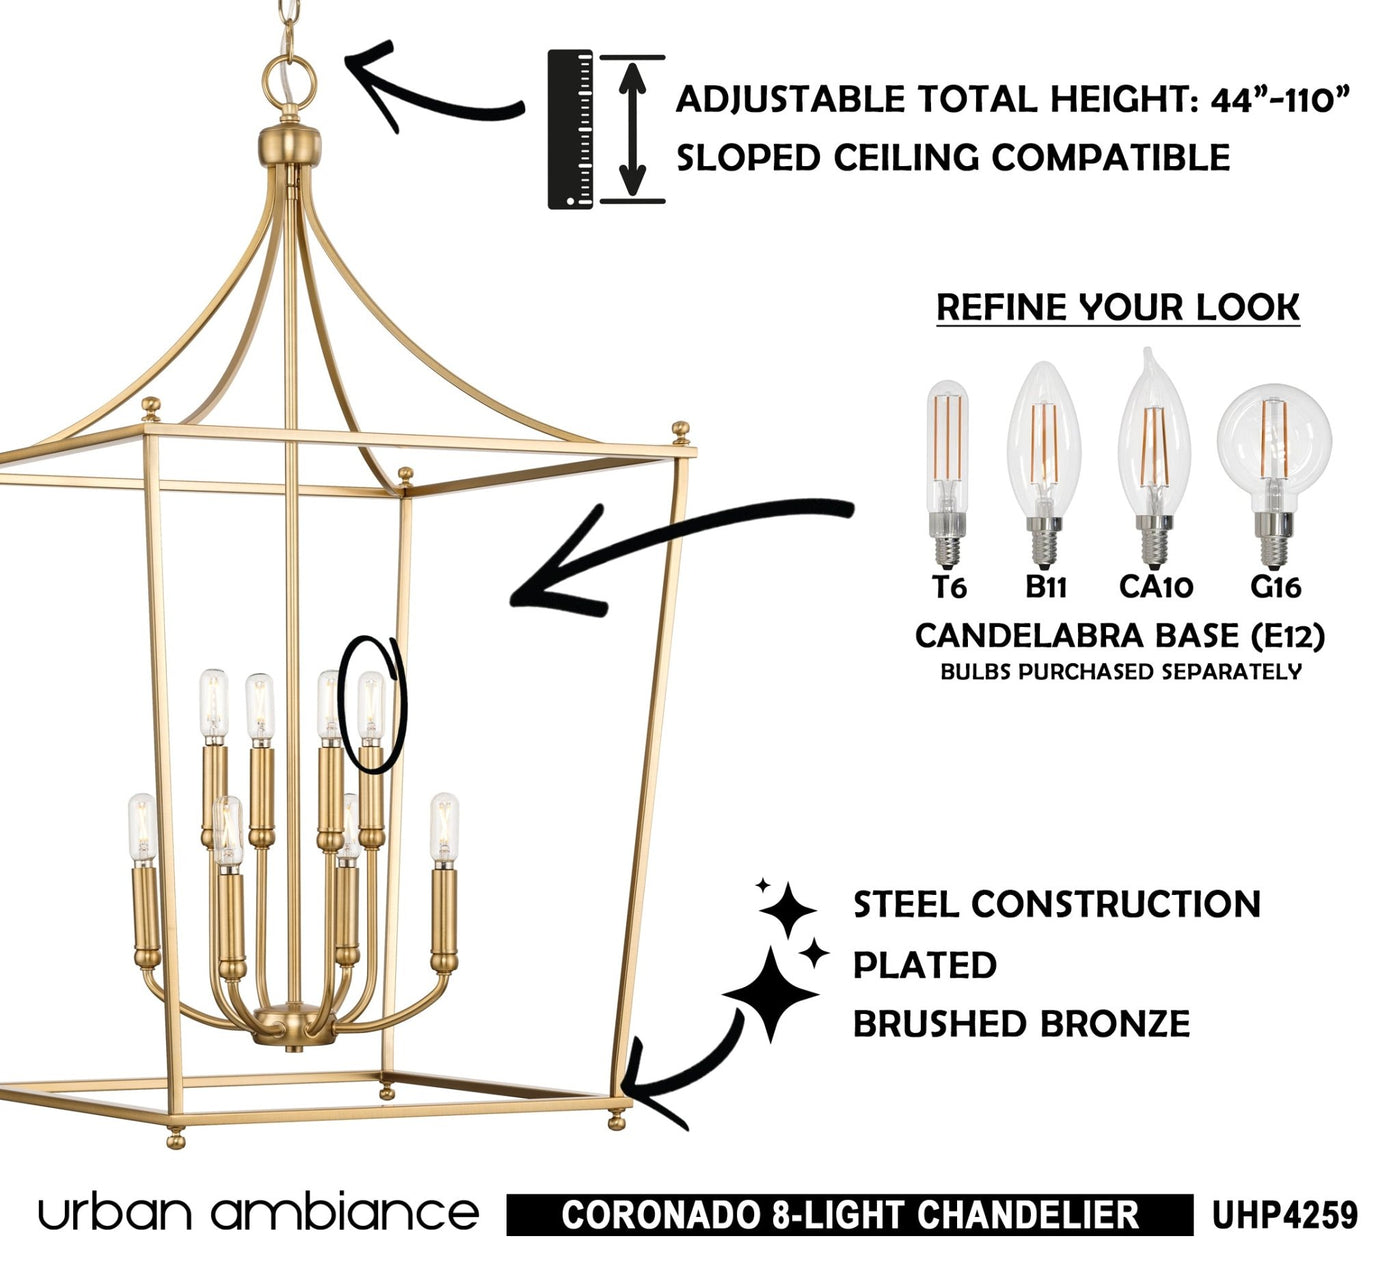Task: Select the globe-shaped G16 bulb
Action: pos(1274,476)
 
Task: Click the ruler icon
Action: pos(570,129)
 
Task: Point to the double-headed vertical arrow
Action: pos(632,129)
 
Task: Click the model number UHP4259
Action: pos(1285,1215)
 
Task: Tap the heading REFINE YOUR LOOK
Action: pos(1118,308)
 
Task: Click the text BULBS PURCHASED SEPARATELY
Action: pos(1121,671)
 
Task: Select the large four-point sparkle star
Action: pos(770,994)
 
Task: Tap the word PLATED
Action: pos(925,965)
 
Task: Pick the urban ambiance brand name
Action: pos(258,1213)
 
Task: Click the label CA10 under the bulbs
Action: pos(1156,587)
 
